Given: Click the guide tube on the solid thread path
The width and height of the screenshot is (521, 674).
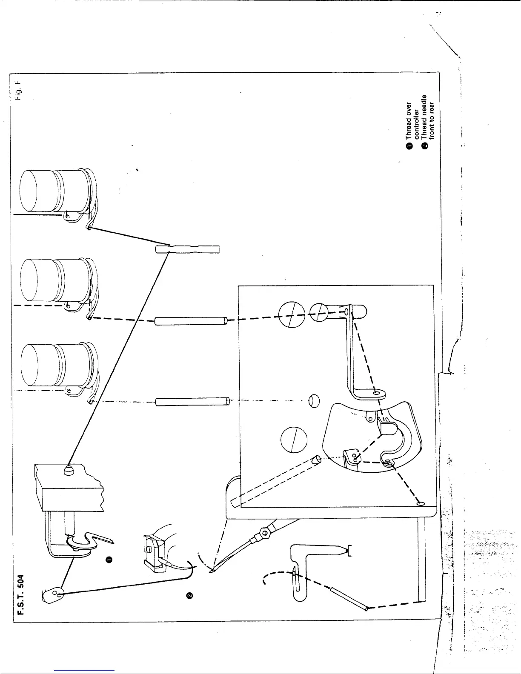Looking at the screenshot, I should [x=187, y=249].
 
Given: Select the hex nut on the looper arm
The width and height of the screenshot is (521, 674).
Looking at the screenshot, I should [x=264, y=532].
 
